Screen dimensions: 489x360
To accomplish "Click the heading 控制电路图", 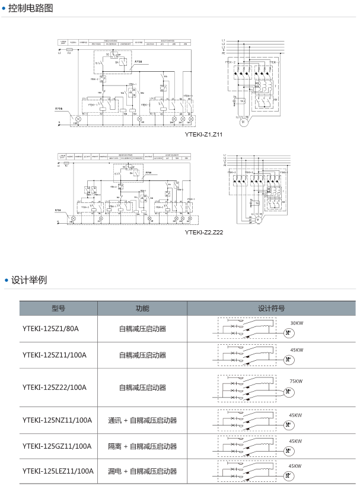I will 31,8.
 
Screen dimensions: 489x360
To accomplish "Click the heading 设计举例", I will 28,280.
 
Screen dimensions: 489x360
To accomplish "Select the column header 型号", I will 58,309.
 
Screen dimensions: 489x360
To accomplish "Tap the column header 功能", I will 142,309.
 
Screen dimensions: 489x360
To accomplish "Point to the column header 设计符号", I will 271,309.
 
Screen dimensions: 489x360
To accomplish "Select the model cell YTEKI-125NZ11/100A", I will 57,420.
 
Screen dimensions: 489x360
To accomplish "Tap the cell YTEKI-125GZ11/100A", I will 57,446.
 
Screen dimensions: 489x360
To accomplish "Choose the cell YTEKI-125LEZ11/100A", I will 58,471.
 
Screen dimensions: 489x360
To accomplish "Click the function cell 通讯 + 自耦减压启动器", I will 142,420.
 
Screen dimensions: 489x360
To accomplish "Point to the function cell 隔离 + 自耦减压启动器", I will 142,446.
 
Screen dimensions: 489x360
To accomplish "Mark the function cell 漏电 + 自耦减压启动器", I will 142,471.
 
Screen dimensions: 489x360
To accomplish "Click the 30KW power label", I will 296,323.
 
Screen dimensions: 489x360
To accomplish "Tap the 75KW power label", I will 296,381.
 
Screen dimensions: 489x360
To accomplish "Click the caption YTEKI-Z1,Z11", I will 204,135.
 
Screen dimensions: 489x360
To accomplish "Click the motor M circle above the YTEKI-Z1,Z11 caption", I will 243,121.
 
